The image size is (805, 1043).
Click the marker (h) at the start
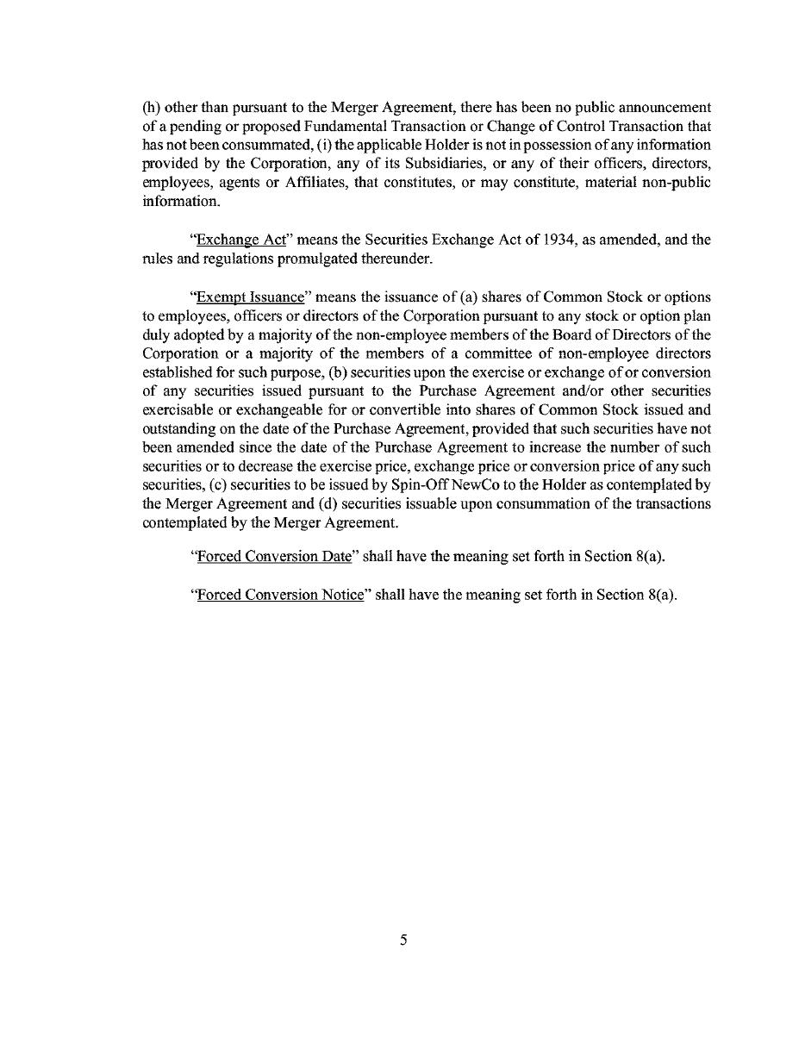[x=150, y=108]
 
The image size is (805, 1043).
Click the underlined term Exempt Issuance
[x=251, y=297]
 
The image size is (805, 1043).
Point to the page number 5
[x=402, y=940]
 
